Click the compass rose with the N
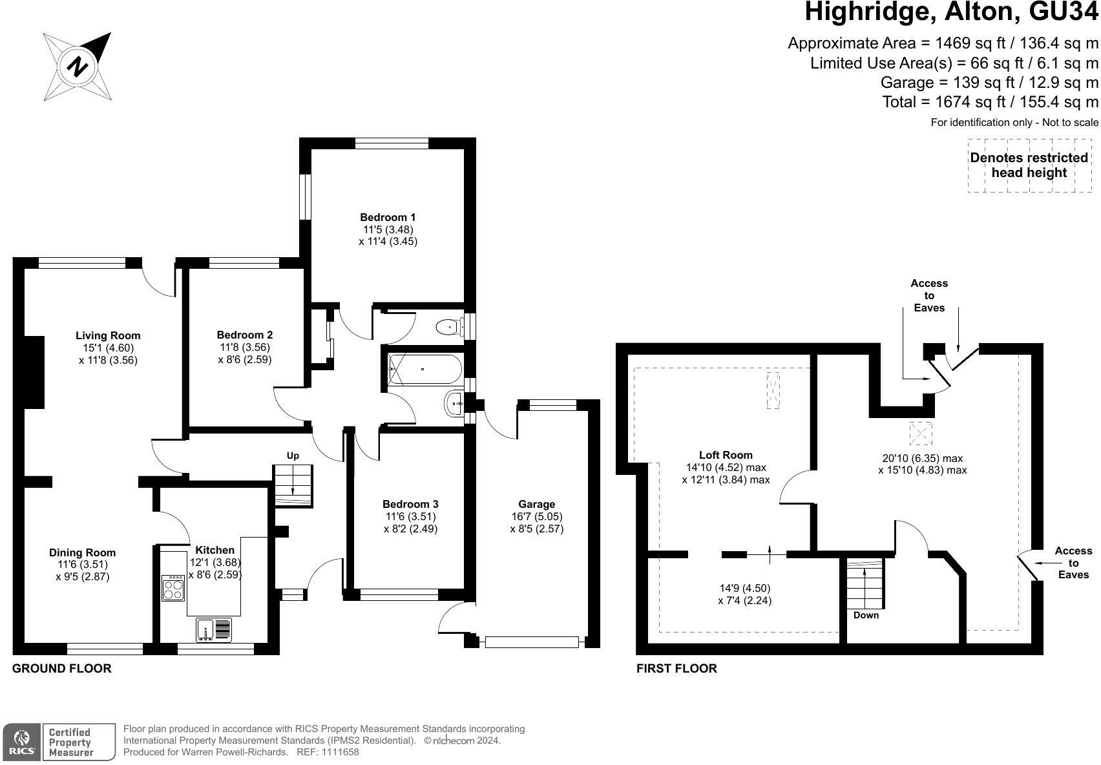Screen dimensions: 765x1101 pyautogui.click(x=78, y=67)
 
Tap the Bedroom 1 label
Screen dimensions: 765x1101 pyautogui.click(x=388, y=217)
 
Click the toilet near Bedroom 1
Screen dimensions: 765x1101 pyautogui.click(x=447, y=328)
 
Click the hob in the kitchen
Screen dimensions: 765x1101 pyautogui.click(x=173, y=588)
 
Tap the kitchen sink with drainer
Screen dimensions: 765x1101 pyautogui.click(x=214, y=629)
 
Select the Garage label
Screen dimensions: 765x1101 pyautogui.click(x=536, y=504)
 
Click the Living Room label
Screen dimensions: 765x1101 pyautogui.click(x=108, y=335)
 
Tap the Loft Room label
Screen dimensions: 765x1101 pyautogui.click(x=726, y=455)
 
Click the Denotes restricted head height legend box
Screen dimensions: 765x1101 pyautogui.click(x=1029, y=165)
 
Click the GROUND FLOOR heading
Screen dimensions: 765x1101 pyautogui.click(x=62, y=669)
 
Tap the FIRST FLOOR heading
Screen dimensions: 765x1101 pyautogui.click(x=676, y=669)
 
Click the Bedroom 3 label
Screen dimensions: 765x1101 pyautogui.click(x=410, y=504)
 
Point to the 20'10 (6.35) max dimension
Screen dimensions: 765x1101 pyautogui.click(x=922, y=458)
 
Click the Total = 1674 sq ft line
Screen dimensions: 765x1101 pyautogui.click(x=990, y=101)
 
